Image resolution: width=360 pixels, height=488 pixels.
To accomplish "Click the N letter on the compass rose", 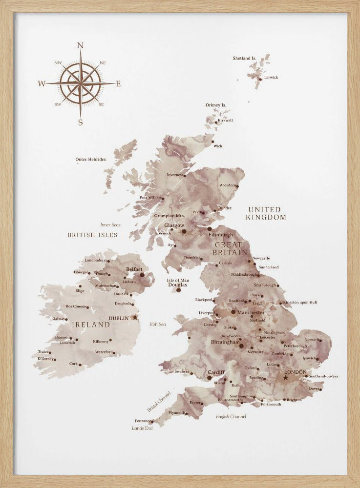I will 81,46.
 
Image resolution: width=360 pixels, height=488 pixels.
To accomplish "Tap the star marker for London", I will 286,378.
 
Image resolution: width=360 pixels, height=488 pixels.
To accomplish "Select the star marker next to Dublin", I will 135,317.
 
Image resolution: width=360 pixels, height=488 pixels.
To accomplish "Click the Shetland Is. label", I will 244,58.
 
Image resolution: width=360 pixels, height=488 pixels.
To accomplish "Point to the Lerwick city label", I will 271,77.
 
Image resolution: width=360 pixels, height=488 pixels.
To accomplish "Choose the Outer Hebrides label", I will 90,159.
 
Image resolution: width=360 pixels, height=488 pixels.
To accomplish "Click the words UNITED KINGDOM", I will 266,213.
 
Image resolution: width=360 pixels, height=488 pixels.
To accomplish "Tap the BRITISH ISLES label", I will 92,235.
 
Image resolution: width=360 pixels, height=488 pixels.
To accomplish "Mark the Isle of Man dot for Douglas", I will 178,290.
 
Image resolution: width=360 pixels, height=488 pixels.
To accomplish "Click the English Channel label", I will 231,416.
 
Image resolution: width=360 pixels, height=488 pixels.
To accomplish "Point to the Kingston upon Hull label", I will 300,303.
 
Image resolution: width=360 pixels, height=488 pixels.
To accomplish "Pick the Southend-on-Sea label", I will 323,376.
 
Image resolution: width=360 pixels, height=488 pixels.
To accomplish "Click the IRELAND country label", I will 91,324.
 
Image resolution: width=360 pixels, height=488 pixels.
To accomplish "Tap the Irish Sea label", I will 157,324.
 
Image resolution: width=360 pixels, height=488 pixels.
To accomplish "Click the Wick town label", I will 218,146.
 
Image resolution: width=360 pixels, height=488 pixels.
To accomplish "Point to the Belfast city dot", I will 142,275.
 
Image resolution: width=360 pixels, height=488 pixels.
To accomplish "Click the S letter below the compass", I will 81,122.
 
